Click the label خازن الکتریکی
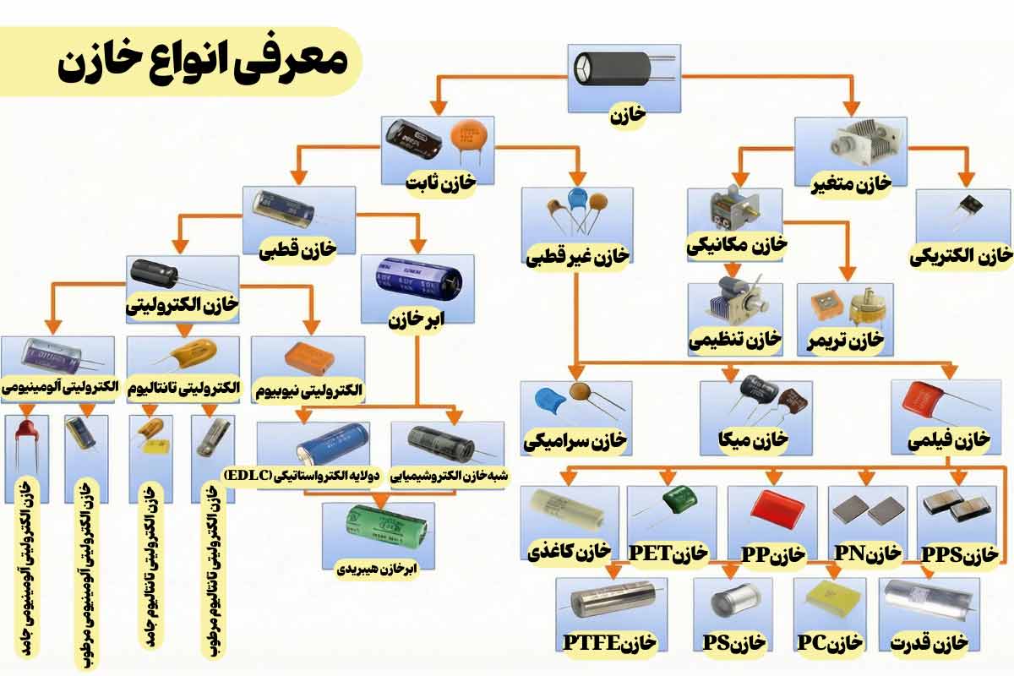pyautogui.click(x=961, y=255)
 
